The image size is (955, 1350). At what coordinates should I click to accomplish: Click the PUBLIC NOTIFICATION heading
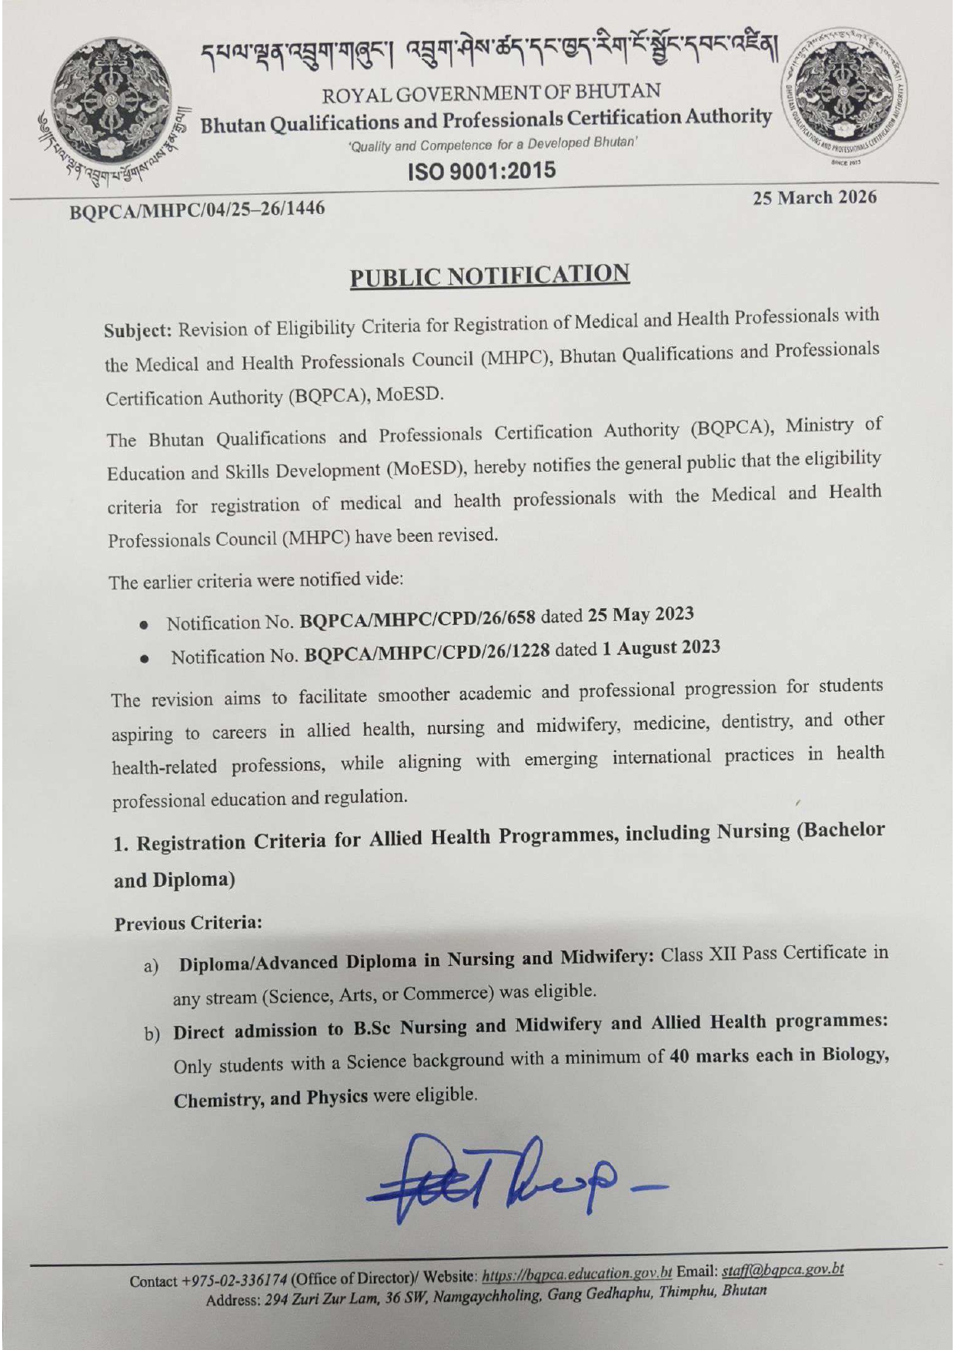pyautogui.click(x=489, y=276)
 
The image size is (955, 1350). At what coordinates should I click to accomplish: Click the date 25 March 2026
pyautogui.click(x=814, y=198)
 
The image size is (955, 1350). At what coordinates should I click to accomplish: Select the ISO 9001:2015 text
pyautogui.click(x=482, y=170)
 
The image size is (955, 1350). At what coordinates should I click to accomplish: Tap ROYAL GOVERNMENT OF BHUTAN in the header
pyautogui.click(x=491, y=93)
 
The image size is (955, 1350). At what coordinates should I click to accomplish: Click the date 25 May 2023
pyautogui.click(x=640, y=615)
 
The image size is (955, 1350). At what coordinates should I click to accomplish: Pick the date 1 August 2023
pyautogui.click(x=660, y=648)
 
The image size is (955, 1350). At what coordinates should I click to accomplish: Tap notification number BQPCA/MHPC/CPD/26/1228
pyautogui.click(x=427, y=653)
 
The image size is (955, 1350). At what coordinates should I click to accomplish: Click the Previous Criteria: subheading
pyautogui.click(x=188, y=923)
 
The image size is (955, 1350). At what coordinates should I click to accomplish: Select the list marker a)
pyautogui.click(x=151, y=965)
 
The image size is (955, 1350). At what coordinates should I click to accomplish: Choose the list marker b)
pyautogui.click(x=152, y=1034)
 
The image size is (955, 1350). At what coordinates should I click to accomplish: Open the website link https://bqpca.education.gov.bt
pyautogui.click(x=577, y=1275)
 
